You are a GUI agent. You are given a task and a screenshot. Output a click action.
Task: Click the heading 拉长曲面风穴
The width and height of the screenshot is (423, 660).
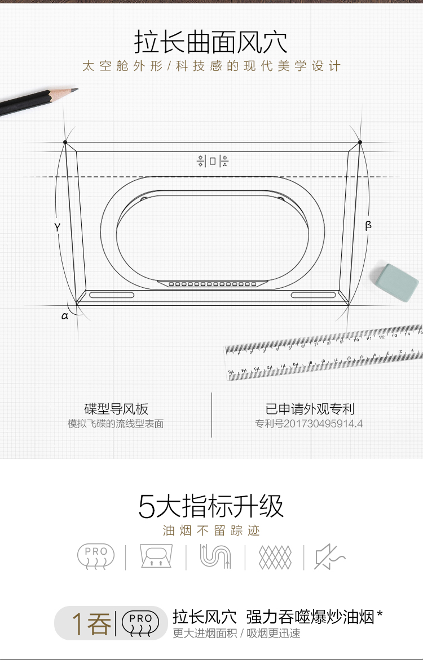211,42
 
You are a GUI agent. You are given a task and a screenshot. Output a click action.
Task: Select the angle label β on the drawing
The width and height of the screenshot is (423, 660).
368,225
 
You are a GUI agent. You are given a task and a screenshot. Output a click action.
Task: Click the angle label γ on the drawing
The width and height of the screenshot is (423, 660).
58,228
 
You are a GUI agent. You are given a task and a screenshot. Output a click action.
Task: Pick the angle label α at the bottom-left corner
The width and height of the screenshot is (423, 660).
65,316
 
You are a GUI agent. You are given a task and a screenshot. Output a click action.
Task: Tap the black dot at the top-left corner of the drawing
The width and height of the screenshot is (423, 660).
65,142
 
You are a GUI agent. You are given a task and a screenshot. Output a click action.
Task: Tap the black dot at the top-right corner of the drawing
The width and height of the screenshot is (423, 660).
360,142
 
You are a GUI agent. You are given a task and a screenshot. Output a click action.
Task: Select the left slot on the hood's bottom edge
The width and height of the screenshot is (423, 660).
112,295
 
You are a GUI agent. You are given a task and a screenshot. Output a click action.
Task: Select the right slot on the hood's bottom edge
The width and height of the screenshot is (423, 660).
313,295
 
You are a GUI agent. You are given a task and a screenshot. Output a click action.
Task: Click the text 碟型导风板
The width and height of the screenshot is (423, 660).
116,409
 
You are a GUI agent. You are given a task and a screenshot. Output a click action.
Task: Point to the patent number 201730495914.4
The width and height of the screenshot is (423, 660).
309,424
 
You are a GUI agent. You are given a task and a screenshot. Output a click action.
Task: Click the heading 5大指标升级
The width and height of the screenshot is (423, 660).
211,506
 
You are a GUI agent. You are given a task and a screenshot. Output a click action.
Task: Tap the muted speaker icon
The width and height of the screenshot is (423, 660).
329,557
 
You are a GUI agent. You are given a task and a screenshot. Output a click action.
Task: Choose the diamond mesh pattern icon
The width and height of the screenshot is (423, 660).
275,557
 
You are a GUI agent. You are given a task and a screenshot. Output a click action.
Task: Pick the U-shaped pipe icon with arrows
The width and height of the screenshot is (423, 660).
215,557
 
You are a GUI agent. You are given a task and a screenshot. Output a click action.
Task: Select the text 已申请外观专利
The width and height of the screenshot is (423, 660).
310,409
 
